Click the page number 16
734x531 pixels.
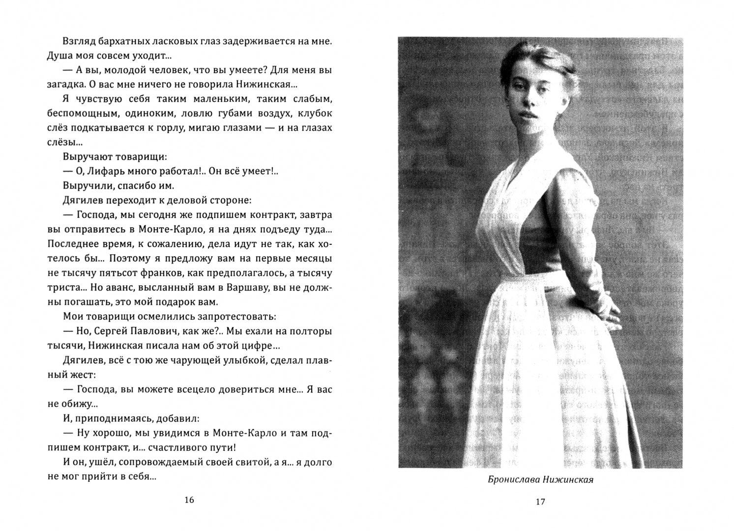coord(189,500)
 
